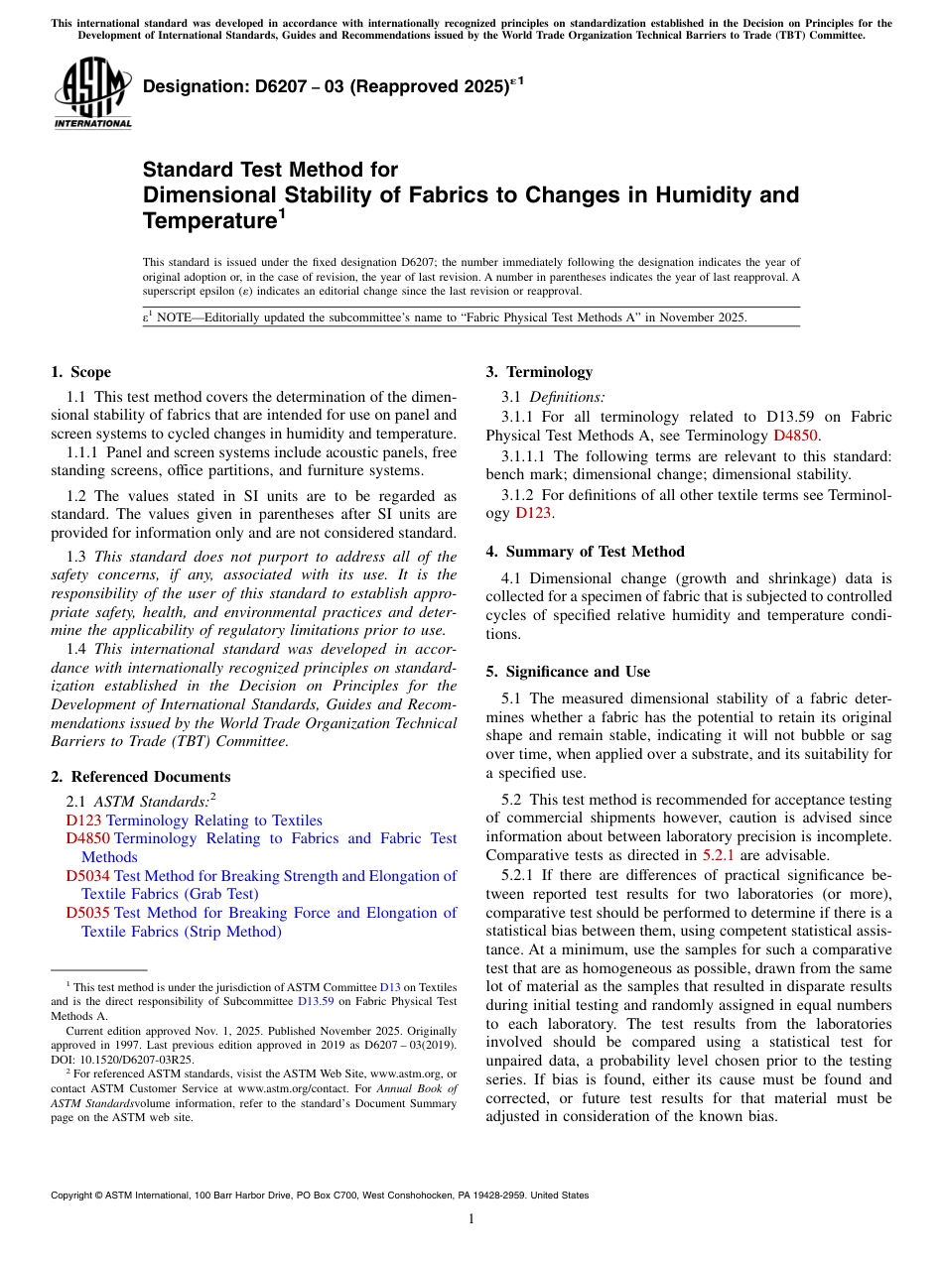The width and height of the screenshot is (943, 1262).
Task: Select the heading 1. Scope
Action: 80,372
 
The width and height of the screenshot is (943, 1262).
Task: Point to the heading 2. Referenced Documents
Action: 140,777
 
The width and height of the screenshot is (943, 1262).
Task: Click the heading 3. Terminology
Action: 539,372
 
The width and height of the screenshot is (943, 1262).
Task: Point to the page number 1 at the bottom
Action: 471,1218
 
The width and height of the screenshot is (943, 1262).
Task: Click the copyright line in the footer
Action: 320,1196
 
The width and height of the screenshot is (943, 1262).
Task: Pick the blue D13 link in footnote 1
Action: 390,987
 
